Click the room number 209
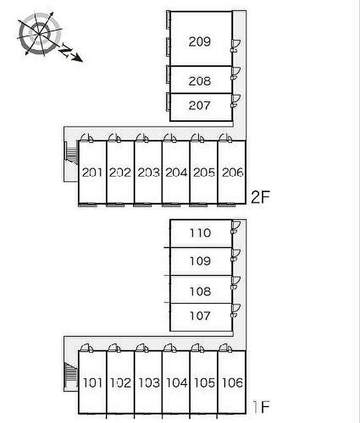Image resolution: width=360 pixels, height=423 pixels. coord(200,42)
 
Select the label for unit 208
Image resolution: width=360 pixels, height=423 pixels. coord(200,81)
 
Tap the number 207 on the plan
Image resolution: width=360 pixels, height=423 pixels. coord(200,105)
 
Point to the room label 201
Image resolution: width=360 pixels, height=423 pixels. coord(92,172)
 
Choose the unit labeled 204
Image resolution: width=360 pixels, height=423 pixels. coord(176,172)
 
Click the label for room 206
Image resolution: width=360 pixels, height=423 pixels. coord(232,172)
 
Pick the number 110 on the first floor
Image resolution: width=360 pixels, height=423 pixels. coord(200,233)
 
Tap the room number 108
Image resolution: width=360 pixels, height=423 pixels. coord(200,291)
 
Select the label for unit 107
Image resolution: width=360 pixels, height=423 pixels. coord(200,316)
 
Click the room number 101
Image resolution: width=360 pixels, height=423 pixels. coord(93,382)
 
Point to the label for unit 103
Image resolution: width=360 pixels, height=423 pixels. coord(149,382)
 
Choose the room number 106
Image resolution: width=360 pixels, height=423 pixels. coord(232,382)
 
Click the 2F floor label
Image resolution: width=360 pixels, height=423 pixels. coord(260,197)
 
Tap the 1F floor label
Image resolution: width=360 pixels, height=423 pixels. coord(261,407)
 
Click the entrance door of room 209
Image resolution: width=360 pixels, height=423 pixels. coord(236,46)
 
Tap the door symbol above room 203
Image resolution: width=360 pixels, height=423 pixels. coord(142,138)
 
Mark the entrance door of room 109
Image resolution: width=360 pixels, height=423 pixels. coord(236,255)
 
